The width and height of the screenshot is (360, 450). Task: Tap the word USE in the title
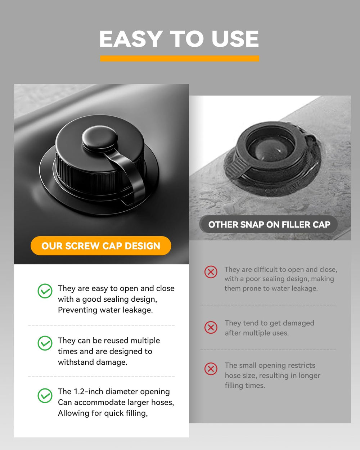[x=235, y=39]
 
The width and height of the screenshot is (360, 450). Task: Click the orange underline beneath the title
[x=180, y=58]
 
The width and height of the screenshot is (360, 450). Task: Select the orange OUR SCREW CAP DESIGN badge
[x=101, y=246]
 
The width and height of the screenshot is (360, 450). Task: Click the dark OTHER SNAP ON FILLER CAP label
[x=269, y=224]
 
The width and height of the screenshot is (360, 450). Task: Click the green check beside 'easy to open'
[x=45, y=291]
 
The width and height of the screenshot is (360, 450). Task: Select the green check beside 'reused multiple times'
[x=45, y=343]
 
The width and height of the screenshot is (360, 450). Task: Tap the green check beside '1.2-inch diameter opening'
[x=45, y=395]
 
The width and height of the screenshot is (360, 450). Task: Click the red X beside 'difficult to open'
[x=211, y=272]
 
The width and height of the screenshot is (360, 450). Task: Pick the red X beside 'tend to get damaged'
[x=211, y=328]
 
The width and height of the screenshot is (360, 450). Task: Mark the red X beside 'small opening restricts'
[x=211, y=369]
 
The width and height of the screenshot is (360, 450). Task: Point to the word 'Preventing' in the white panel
[x=78, y=310]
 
